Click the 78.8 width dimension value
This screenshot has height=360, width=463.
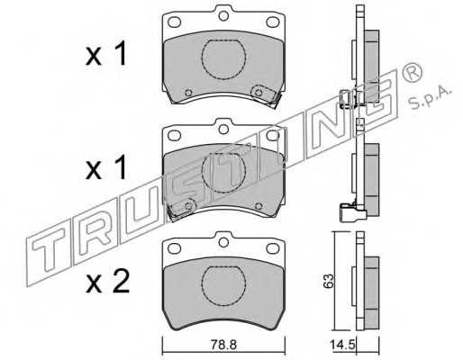[x=223, y=345]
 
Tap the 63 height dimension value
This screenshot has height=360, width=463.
[x=329, y=281]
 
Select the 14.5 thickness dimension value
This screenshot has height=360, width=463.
[x=342, y=344]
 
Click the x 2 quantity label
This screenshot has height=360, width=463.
[x=107, y=282]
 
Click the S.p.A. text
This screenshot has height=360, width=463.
[x=430, y=96]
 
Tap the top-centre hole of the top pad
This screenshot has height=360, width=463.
[x=223, y=15]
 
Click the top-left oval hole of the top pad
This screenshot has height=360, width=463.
[x=174, y=22]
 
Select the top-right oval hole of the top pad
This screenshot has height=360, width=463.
[x=273, y=22]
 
